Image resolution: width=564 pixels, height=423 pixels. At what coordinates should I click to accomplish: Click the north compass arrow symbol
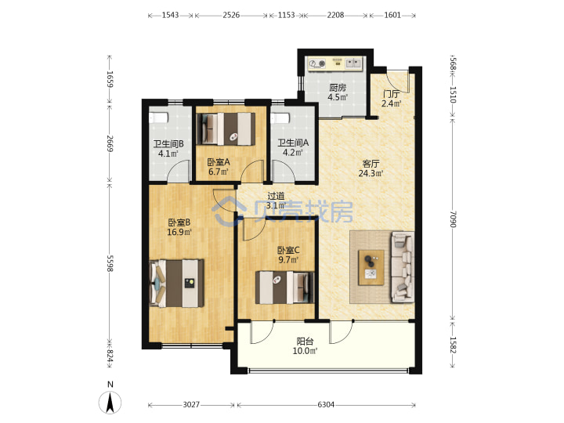110,403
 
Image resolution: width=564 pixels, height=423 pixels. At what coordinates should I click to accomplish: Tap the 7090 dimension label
453,219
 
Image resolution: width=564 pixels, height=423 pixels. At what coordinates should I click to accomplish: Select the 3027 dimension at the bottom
191,405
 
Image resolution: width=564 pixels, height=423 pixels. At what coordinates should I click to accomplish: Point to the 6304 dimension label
326,405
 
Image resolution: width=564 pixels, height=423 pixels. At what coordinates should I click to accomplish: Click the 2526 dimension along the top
231,15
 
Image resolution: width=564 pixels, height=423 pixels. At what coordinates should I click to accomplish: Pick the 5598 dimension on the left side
110,264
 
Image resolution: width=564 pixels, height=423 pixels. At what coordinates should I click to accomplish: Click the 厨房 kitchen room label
338,88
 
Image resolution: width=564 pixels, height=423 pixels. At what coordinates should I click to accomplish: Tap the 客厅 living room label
371,164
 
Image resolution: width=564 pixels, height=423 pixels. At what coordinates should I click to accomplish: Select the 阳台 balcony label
305,342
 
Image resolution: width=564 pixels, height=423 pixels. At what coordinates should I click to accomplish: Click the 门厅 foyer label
391,94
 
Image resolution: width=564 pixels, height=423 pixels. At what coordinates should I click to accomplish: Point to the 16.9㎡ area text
179,232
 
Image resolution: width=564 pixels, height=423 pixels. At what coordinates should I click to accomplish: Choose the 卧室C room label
288,250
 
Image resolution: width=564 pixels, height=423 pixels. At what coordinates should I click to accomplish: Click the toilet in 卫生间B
158,117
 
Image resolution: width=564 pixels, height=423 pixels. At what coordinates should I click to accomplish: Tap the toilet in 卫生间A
280,118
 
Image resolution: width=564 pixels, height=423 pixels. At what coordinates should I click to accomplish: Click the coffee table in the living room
371,268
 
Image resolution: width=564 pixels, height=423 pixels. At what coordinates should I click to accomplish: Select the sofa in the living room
402,267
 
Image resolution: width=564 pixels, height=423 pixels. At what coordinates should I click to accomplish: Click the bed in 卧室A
226,128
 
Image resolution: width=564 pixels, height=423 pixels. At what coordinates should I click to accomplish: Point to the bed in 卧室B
176,284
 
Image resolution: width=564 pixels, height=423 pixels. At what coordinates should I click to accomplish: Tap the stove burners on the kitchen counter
317,63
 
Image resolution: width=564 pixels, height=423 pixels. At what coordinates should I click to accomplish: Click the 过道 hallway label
276,196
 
